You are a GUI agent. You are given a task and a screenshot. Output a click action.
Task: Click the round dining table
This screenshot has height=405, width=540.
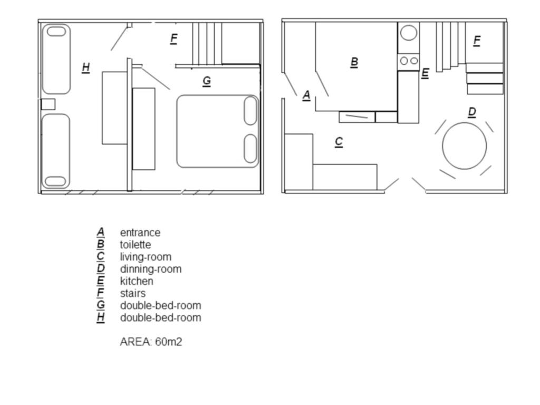(x=464, y=146)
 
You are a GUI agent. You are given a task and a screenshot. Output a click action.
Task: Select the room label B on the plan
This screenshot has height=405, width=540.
(x=354, y=62)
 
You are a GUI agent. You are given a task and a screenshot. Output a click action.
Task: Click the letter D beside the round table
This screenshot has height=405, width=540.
(x=472, y=112)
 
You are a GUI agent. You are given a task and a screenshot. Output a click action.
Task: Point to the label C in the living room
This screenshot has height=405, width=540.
(x=339, y=142)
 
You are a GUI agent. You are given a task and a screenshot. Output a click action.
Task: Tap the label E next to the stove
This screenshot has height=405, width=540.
(x=425, y=73)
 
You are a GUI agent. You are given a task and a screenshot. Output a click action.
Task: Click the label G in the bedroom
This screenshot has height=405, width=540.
(x=207, y=81)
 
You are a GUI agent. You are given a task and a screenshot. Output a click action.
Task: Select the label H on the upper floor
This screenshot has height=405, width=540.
(x=86, y=67)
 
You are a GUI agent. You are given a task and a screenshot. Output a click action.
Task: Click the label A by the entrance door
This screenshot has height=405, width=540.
(x=306, y=95)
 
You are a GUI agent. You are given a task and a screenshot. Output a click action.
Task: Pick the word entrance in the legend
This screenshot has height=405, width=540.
(x=140, y=233)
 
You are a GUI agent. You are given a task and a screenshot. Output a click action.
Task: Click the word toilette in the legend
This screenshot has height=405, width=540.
(x=136, y=245)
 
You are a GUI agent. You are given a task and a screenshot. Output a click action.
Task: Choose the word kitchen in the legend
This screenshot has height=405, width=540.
(x=137, y=282)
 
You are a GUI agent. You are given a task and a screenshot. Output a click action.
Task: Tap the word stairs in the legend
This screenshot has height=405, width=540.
(x=132, y=293)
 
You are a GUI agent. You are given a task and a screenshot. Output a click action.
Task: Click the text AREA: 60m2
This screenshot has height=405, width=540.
(x=151, y=342)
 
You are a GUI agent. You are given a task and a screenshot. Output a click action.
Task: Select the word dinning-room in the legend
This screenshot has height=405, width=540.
(x=150, y=269)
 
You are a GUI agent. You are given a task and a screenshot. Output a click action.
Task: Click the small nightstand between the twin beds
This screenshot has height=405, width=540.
(x=48, y=104)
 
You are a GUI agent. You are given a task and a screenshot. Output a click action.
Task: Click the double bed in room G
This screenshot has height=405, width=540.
(x=218, y=131)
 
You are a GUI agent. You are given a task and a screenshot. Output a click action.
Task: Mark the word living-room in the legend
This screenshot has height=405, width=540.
(x=146, y=257)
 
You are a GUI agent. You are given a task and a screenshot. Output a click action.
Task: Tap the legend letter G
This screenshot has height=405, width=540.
(x=101, y=305)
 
